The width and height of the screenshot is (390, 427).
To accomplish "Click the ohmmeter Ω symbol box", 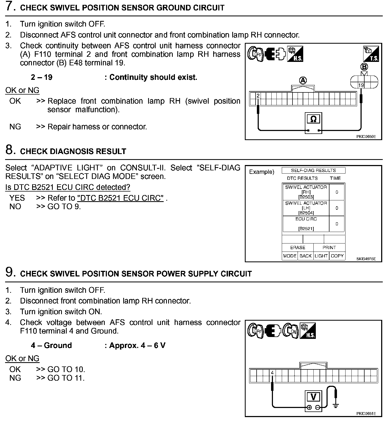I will click(x=313, y=119).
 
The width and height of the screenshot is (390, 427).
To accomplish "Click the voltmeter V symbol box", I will click(x=313, y=397).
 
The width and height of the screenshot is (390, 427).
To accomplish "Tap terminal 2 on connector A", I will click(x=258, y=96).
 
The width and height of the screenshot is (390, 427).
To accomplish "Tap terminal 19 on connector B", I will click(x=361, y=85).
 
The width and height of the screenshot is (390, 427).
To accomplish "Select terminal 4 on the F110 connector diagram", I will click(x=272, y=373).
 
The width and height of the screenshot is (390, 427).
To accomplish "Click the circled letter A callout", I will click(x=303, y=80).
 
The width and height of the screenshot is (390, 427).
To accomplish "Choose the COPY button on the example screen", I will click(x=337, y=256).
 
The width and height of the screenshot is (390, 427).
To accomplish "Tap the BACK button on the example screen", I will click(x=305, y=256).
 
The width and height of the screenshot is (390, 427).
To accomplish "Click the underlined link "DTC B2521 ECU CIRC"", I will click(x=120, y=198).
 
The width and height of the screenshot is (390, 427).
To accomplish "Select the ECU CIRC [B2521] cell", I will click(x=306, y=224).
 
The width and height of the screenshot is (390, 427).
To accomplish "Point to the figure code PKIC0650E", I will click(x=366, y=136).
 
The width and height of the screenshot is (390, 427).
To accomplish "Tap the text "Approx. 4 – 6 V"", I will click(x=137, y=345).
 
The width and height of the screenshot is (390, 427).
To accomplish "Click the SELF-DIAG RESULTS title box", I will click(x=313, y=170).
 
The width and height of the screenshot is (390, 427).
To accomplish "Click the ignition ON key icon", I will click(x=291, y=331).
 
